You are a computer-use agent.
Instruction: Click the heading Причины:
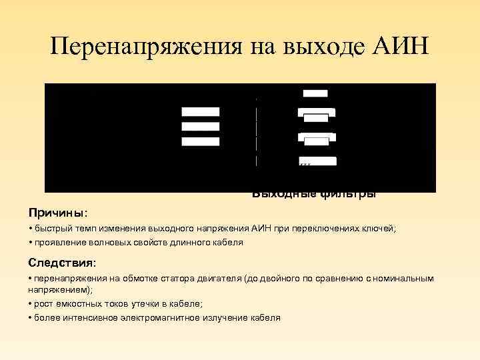pyautogui.click(x=58, y=213)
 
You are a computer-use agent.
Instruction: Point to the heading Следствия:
pyautogui.click(x=62, y=261)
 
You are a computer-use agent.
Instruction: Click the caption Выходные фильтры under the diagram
pyautogui.click(x=314, y=195)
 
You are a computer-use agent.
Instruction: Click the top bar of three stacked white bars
pyautogui.click(x=200, y=111)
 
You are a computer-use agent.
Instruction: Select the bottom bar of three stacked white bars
pyautogui.click(x=200, y=141)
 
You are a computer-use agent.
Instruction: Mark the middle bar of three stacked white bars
pyautogui.click(x=200, y=126)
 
